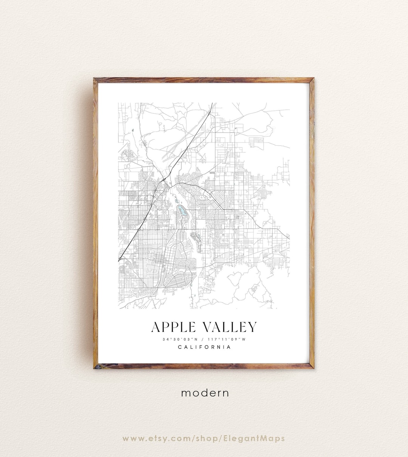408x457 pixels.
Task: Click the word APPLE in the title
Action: (174, 327)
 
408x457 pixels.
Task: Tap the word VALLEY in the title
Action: (230, 327)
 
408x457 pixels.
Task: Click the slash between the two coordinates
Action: (204, 339)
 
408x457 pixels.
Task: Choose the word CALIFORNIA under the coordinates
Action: (204, 347)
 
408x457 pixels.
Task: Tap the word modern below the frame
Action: (205, 393)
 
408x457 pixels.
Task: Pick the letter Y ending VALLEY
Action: (252, 327)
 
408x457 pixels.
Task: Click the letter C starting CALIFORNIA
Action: (180, 347)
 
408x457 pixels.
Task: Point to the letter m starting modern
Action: (185, 393)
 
